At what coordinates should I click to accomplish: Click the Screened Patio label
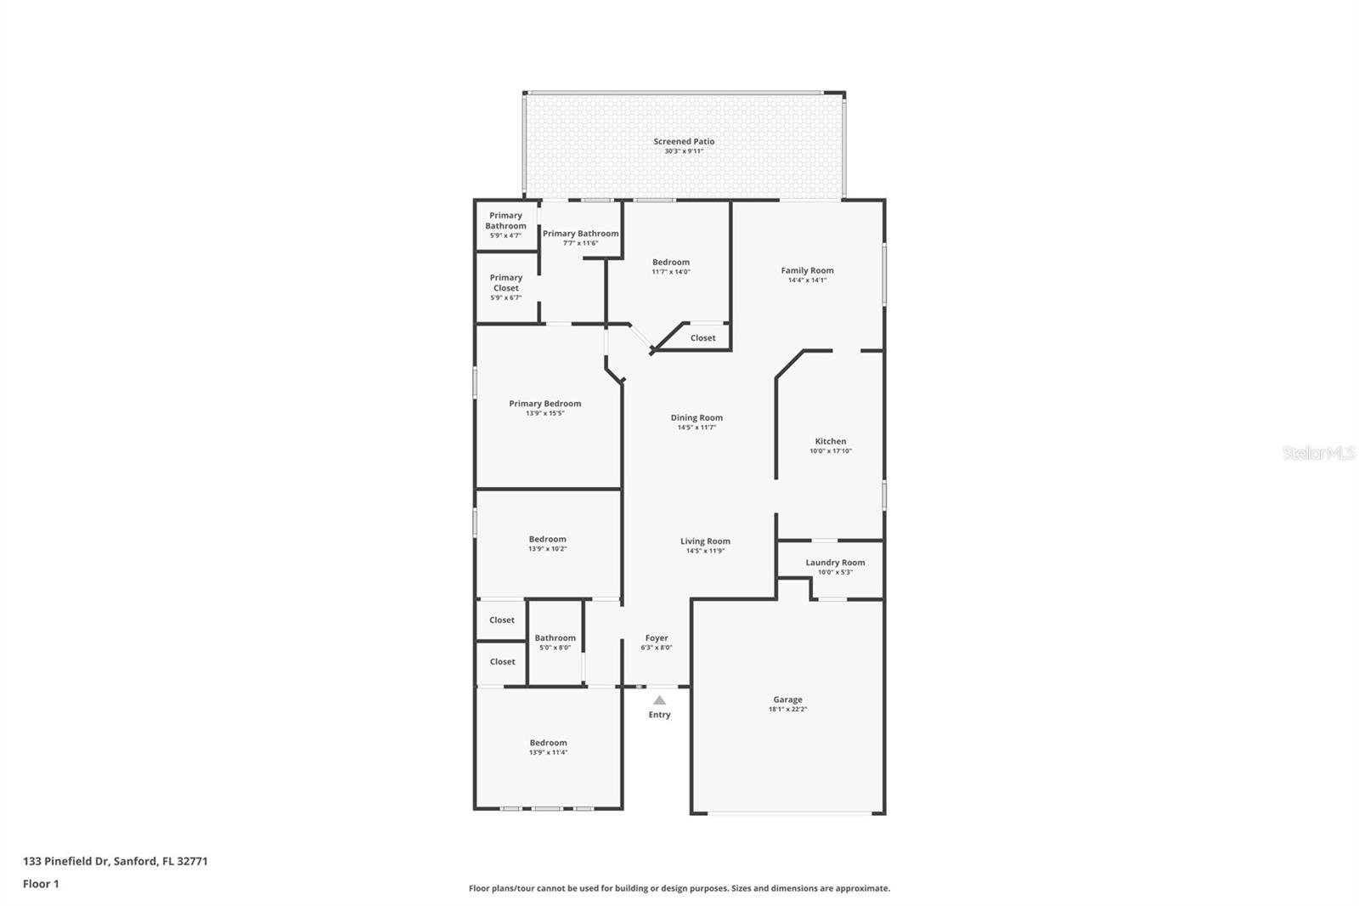click(684, 142)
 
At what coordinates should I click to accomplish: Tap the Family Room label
click(807, 270)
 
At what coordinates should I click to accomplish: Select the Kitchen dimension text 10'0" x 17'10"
click(830, 451)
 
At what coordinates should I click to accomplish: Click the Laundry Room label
click(835, 563)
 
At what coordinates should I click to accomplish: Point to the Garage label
click(787, 700)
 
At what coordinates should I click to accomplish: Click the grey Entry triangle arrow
click(659, 699)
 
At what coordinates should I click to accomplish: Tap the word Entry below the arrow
click(659, 715)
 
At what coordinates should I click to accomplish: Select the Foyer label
click(656, 638)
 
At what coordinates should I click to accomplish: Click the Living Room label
click(705, 541)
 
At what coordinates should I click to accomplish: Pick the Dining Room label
click(696, 418)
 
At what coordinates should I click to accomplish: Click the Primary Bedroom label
click(544, 404)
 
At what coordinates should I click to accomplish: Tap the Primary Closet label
click(505, 283)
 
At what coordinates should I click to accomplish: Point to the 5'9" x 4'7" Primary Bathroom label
click(505, 221)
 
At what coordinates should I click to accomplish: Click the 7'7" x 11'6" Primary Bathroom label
click(580, 234)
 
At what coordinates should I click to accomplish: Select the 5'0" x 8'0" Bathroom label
click(555, 638)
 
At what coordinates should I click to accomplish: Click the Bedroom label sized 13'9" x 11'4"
click(548, 743)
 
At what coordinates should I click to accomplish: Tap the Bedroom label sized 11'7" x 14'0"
click(670, 263)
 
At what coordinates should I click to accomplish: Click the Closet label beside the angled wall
click(702, 338)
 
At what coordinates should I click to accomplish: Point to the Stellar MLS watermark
click(1318, 454)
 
